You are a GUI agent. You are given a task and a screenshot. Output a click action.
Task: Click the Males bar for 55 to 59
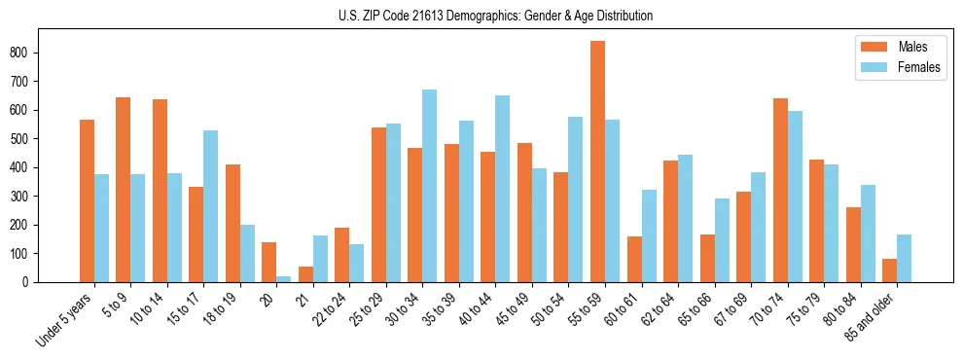[597, 162]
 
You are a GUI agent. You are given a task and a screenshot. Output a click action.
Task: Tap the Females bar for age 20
[283, 278]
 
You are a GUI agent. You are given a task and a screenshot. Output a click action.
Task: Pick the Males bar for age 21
[305, 274]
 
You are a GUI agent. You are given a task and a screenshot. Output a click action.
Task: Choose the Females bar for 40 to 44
[502, 189]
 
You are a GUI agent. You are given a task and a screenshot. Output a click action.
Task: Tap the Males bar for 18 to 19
[232, 223]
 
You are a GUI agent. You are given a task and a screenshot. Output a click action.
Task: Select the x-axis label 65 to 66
[697, 308]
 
